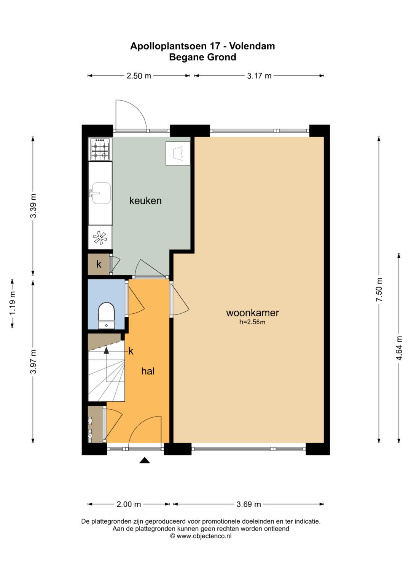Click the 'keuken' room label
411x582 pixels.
(145, 200)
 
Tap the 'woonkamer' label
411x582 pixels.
(252, 313)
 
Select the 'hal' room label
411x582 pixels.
(148, 371)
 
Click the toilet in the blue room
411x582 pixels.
(107, 315)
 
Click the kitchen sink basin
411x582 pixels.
(102, 193)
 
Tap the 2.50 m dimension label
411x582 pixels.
(139, 75)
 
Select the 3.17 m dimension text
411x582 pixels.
(259, 75)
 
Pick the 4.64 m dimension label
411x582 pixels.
(399, 348)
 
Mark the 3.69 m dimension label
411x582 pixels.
(249, 504)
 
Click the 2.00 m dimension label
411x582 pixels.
(129, 504)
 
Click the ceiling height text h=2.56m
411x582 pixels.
(252, 322)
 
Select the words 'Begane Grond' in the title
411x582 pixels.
(202, 57)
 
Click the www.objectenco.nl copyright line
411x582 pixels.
(201, 536)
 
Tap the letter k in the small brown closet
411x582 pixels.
(99, 264)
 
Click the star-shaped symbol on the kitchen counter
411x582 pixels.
(100, 237)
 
